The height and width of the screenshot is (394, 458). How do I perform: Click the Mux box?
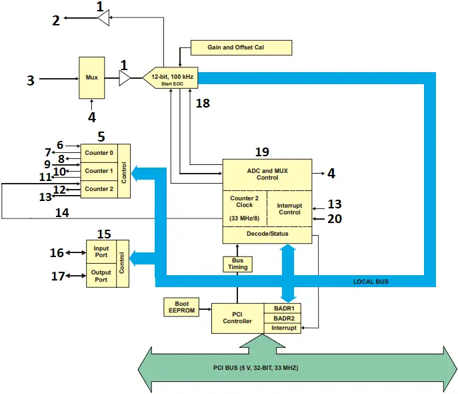[x=91, y=78]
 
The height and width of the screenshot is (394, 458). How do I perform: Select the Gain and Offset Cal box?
[x=241, y=47]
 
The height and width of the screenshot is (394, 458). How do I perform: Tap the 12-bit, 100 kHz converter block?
[x=171, y=78]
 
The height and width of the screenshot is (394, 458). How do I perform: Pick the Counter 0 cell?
[x=99, y=153]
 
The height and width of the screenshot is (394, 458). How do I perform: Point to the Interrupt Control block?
[x=289, y=208]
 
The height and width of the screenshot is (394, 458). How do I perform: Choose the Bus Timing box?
[x=238, y=263]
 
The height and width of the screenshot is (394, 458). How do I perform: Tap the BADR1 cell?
[x=283, y=308]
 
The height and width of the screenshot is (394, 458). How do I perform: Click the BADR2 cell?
[x=283, y=318]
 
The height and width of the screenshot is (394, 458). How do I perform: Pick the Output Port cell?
[x=101, y=275]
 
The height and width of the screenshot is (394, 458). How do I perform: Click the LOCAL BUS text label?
[x=371, y=282]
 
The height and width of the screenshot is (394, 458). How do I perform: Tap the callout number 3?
[x=30, y=81]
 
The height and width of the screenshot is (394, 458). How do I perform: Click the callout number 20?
[x=334, y=218]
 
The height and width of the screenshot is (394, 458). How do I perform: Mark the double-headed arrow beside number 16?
[x=75, y=252]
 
